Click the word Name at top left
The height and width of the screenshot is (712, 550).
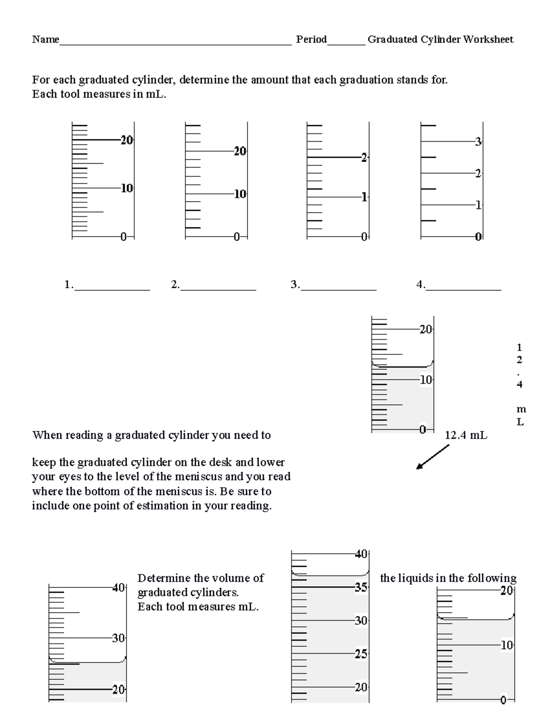tap(45, 39)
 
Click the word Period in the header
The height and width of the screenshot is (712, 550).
tap(311, 39)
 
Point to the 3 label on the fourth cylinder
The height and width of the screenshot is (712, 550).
tap(478, 142)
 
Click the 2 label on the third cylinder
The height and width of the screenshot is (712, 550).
tap(364, 158)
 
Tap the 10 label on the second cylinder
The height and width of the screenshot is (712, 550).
tap(240, 194)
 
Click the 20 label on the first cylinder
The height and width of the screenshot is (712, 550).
tap(126, 140)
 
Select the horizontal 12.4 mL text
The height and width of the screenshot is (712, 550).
tap(466, 435)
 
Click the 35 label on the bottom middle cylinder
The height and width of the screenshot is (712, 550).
tap(361, 587)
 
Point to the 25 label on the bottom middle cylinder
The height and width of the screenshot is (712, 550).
tap(361, 654)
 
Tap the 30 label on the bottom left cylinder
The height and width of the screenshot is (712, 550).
tap(119, 638)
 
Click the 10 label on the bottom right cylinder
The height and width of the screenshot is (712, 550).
tap(506, 646)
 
